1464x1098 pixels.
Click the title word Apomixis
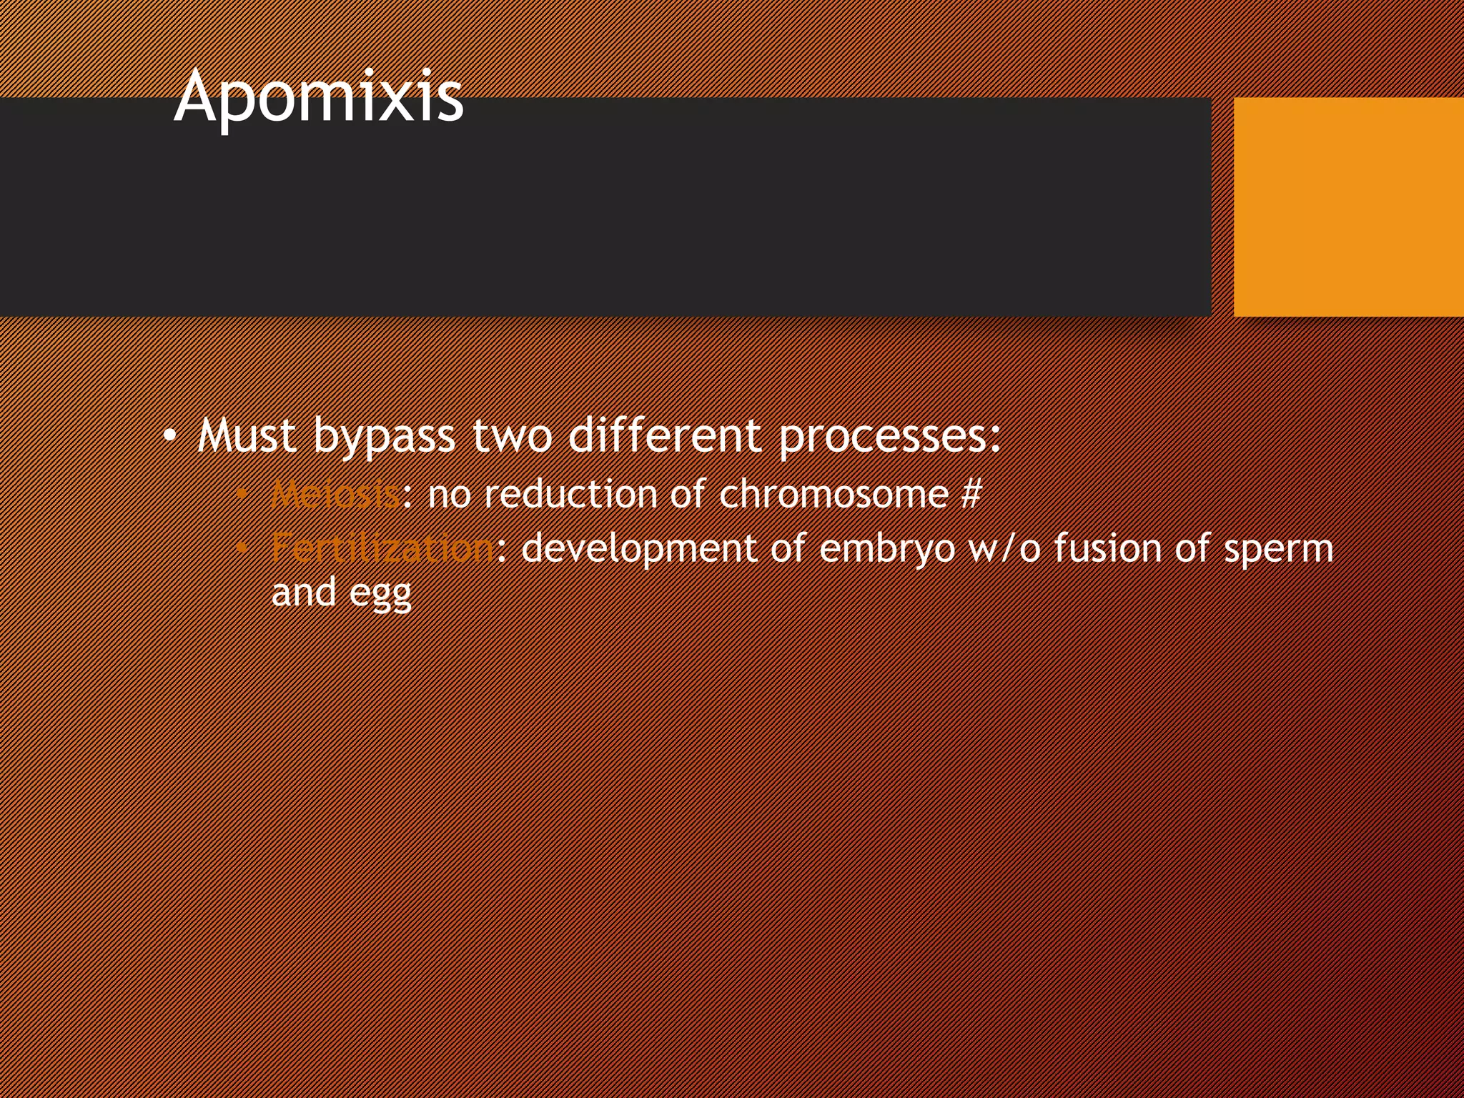pos(319,97)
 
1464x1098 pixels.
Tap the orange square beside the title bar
pos(1348,207)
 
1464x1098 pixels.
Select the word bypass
pos(384,436)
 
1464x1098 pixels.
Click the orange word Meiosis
pos(335,494)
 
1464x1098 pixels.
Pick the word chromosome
pos(834,494)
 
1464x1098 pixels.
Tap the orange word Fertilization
pos(382,549)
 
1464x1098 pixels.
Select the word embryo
pos(887,549)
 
